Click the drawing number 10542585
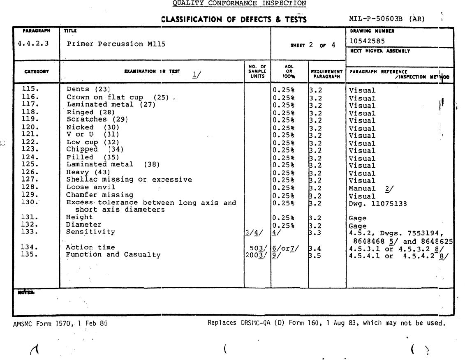click(367, 41)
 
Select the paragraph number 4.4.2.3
click(33, 43)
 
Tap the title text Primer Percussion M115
click(116, 44)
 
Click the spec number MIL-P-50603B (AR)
click(386, 19)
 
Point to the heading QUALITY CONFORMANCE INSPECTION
click(239, 3)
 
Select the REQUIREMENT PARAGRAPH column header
click(327, 74)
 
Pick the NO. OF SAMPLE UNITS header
click(257, 71)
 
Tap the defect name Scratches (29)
click(97, 119)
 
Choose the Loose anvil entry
click(91, 187)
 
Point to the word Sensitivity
click(90, 232)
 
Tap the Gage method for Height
click(357, 218)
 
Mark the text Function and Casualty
click(113, 255)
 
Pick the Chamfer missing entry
click(100, 195)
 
